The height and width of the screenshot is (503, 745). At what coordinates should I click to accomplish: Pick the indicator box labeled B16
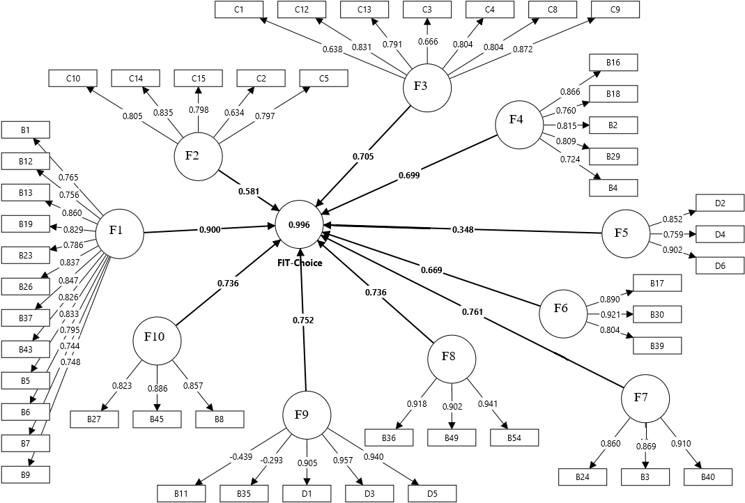point(613,63)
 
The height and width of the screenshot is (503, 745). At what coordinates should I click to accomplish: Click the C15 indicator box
point(198,78)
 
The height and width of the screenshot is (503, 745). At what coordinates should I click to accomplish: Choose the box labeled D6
point(721,266)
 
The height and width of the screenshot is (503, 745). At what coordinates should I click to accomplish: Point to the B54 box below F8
point(514,438)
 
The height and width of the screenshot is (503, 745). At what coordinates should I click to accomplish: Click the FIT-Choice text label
point(299,263)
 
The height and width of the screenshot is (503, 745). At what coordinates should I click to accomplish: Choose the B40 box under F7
point(707,477)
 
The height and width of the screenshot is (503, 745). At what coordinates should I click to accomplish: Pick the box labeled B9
point(25,475)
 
